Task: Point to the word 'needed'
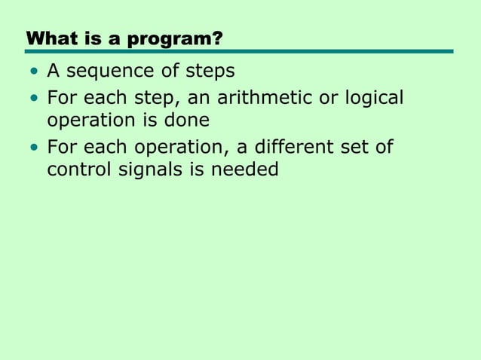(x=244, y=169)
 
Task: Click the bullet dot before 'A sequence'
(x=33, y=72)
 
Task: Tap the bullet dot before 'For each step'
(x=33, y=99)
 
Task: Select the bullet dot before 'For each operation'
(x=33, y=147)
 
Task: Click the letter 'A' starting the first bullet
(x=54, y=72)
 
